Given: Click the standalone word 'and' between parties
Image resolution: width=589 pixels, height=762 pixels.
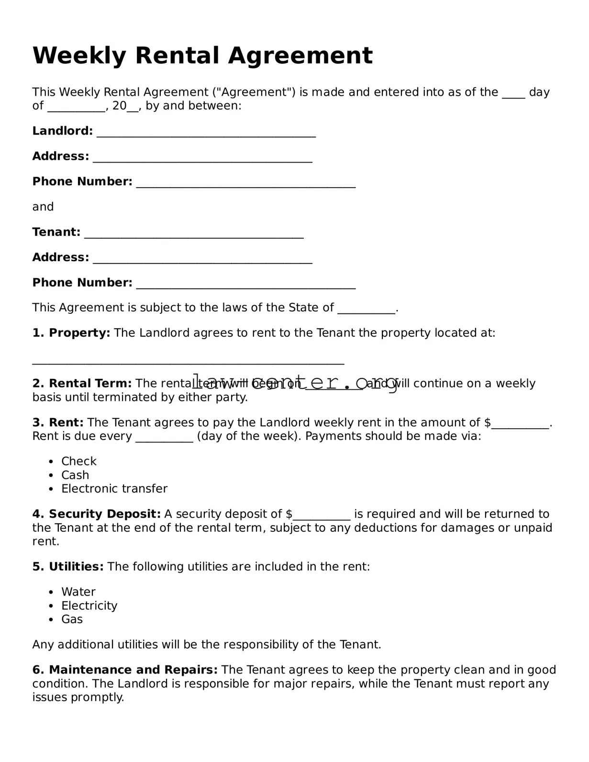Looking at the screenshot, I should point(43,207).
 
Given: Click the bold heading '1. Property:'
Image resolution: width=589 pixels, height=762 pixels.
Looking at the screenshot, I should point(71,333).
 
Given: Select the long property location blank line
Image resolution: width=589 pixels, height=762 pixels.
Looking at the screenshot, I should point(188,361).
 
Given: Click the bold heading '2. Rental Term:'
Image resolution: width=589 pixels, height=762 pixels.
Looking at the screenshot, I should point(82,384).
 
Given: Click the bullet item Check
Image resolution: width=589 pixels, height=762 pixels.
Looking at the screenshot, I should point(78,461).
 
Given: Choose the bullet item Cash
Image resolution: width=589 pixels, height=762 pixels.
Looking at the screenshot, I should point(75,475).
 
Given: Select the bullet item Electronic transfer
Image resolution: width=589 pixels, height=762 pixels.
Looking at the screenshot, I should point(114,489).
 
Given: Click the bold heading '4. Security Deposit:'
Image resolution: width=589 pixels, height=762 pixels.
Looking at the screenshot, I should point(97,514).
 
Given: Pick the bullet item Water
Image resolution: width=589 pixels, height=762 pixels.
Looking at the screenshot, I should point(78,592).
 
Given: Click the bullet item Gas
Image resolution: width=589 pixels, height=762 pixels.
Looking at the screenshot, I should point(72,619).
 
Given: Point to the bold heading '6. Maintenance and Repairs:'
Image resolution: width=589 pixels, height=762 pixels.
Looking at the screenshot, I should point(125,670).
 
